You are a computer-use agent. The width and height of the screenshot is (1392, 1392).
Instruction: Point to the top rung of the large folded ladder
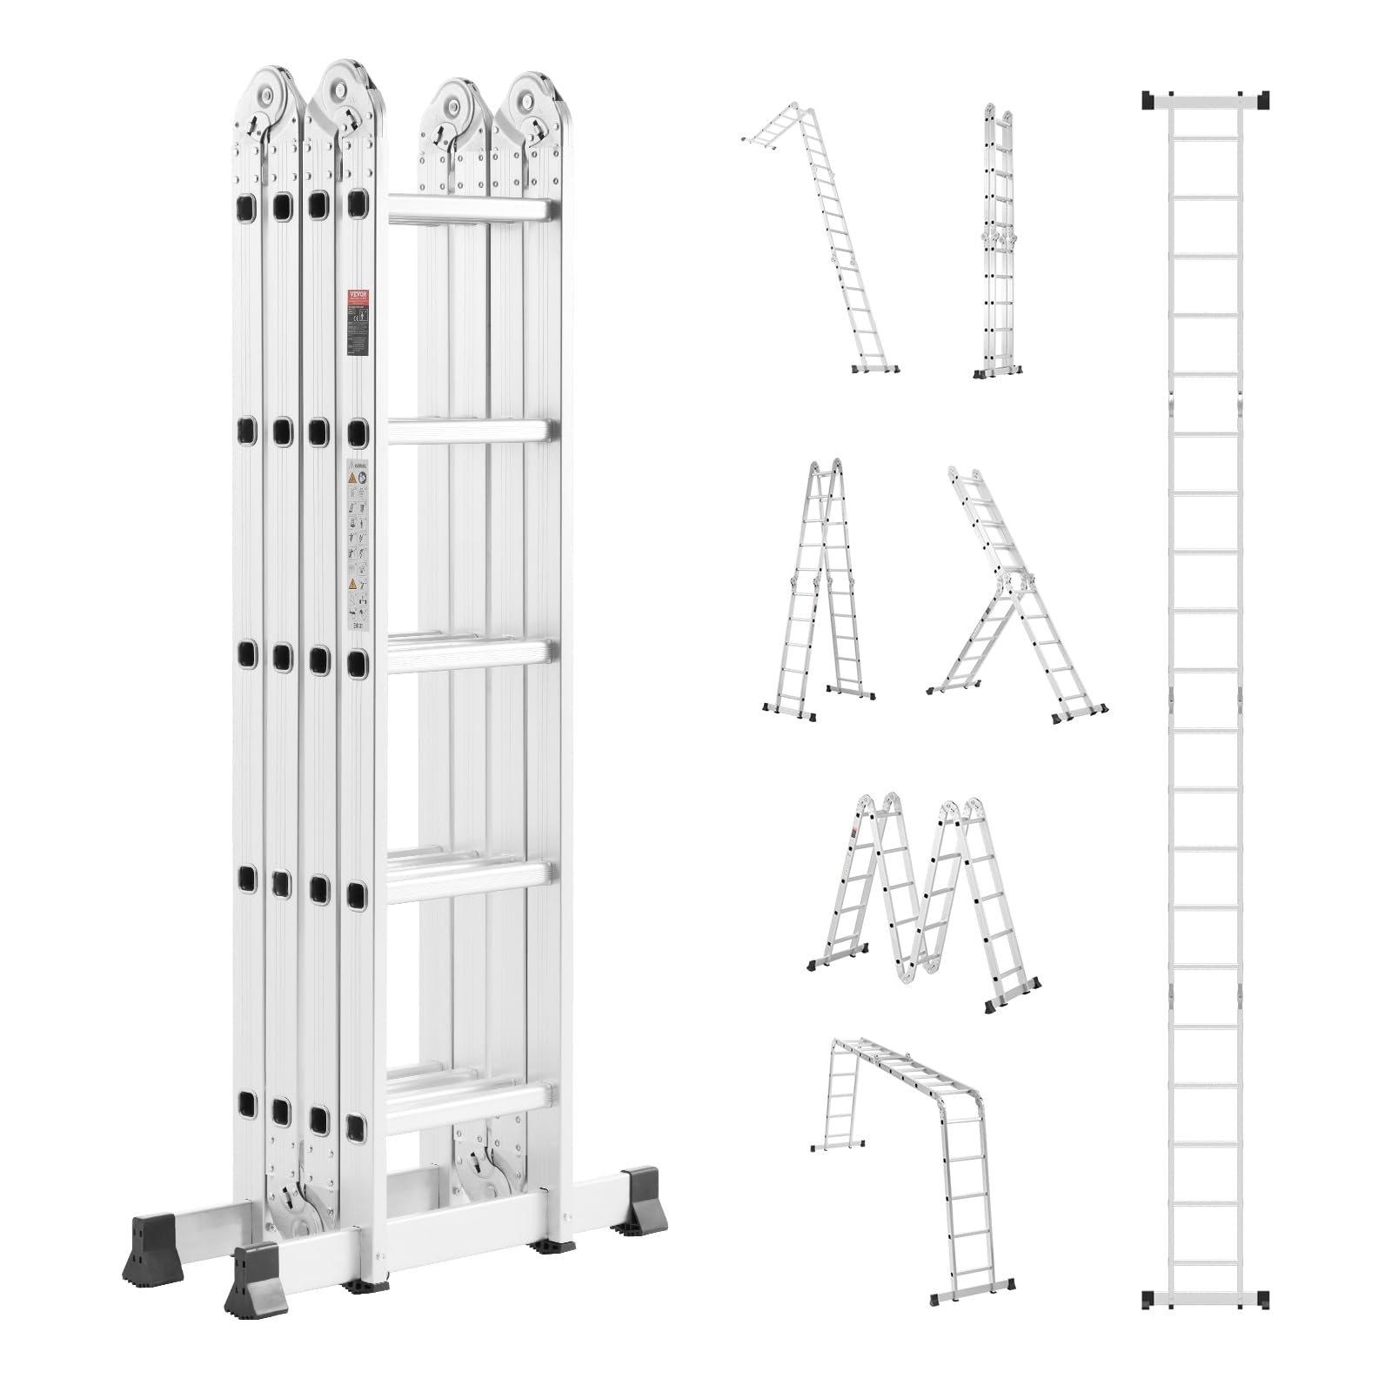(x=470, y=210)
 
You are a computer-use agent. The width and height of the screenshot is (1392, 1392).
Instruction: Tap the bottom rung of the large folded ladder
(x=470, y=1099)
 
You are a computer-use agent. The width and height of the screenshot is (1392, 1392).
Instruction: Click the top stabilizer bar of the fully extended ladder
(x=1206, y=101)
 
